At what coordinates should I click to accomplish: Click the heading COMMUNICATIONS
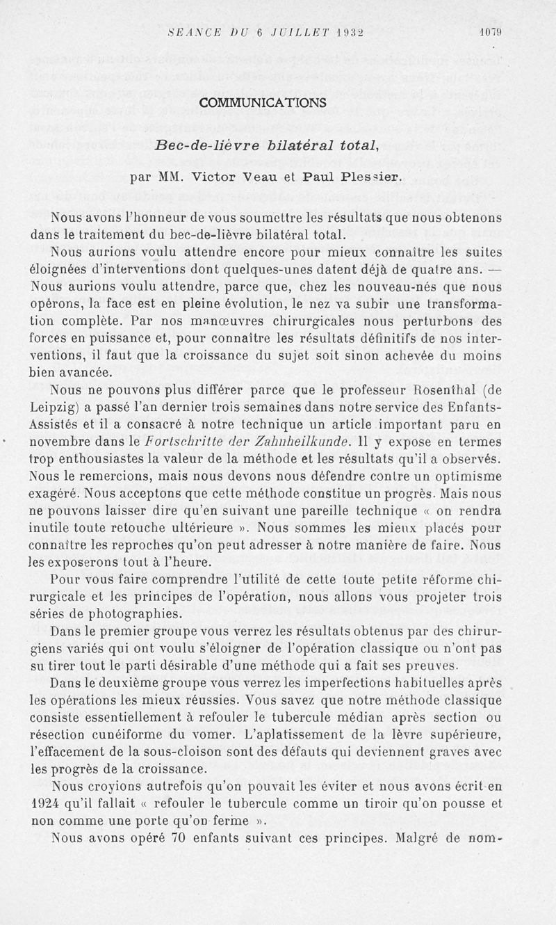click(262, 102)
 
